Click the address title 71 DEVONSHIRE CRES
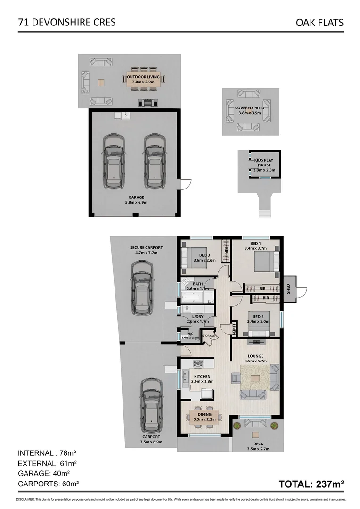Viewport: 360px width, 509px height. pyautogui.click(x=66, y=22)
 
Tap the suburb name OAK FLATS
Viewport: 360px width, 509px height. pyautogui.click(x=319, y=22)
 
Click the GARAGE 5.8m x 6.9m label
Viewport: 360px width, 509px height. pyautogui.click(x=136, y=200)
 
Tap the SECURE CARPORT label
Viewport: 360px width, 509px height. pyautogui.click(x=147, y=250)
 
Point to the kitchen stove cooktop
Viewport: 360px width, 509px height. pyautogui.click(x=197, y=363)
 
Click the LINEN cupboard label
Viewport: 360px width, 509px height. pyautogui.click(x=234, y=329)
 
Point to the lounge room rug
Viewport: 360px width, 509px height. pyautogui.click(x=255, y=378)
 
